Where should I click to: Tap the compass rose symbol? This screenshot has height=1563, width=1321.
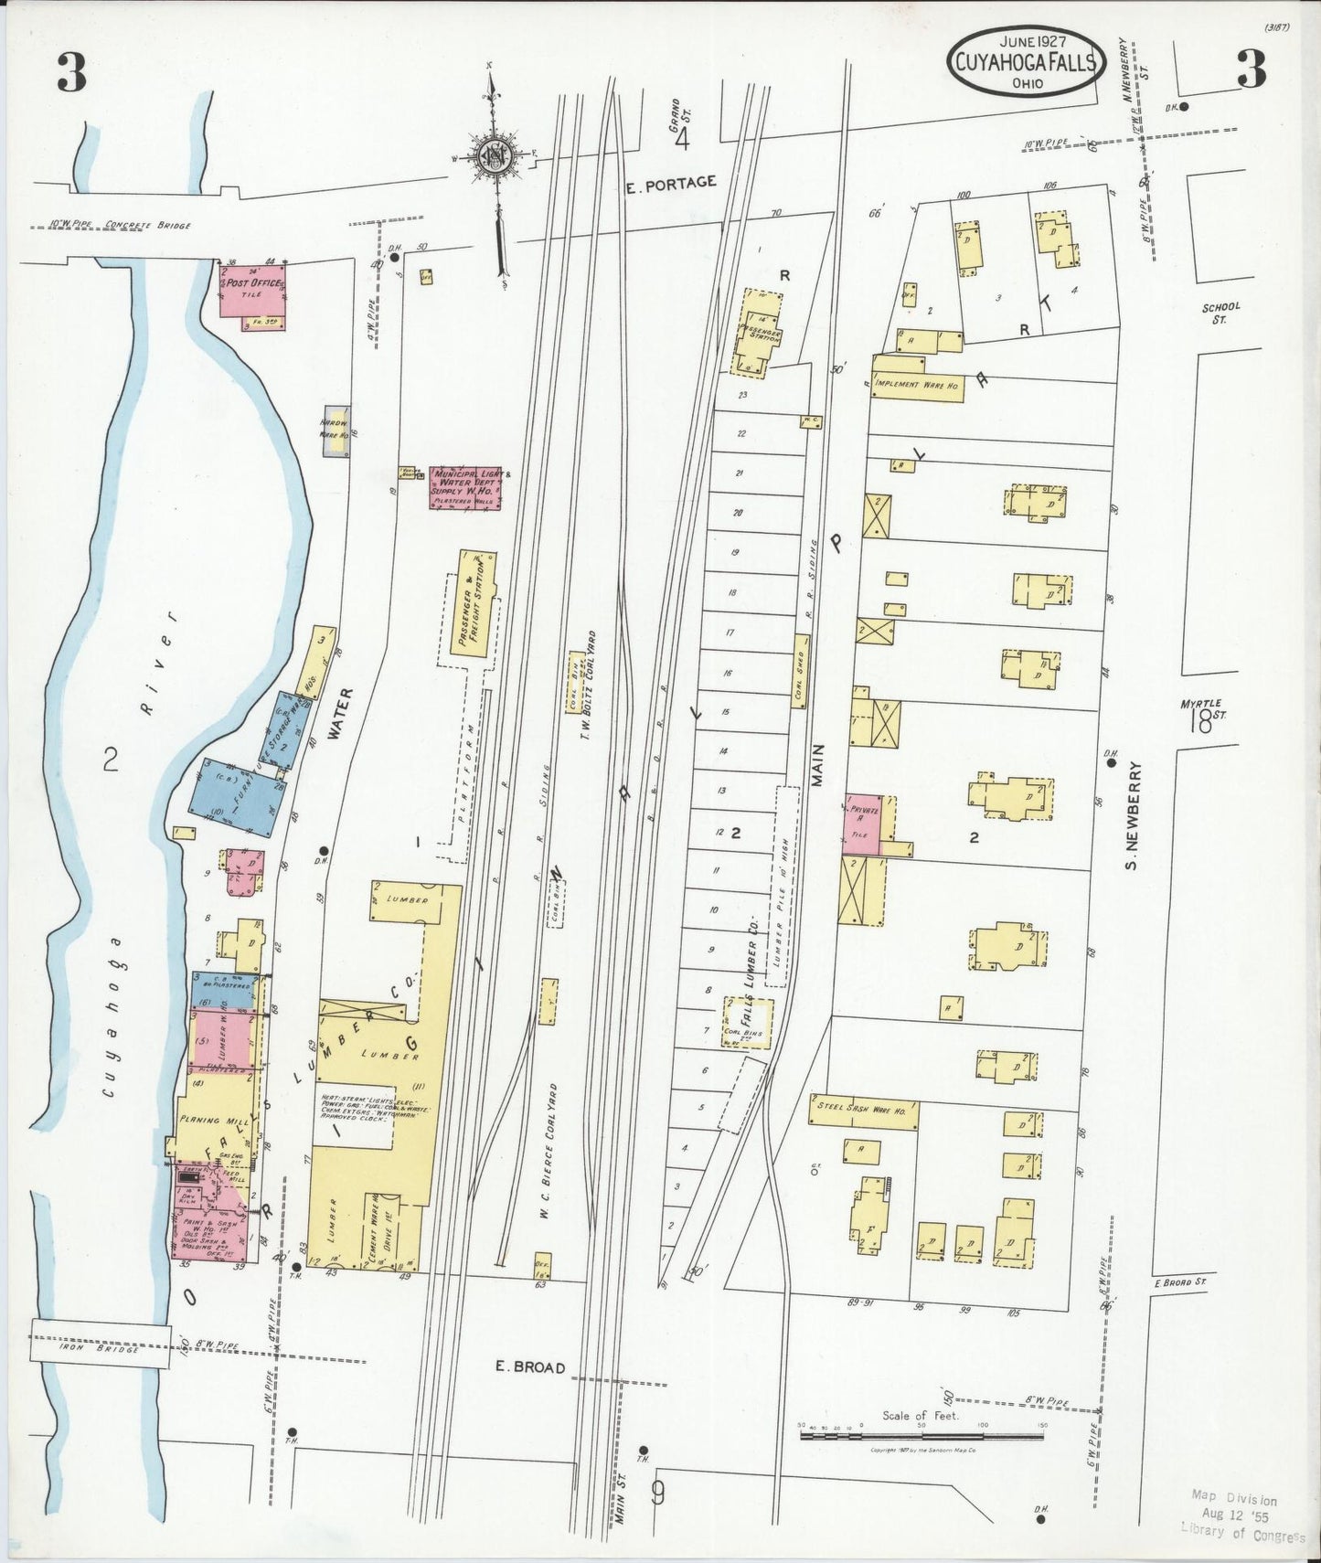tap(495, 155)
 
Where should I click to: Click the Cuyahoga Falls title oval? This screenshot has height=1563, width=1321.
tap(1025, 61)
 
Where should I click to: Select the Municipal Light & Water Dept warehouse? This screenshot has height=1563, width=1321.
tap(464, 487)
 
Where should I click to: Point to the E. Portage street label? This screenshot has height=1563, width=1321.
tap(670, 183)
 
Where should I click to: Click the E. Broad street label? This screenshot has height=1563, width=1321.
tap(529, 1367)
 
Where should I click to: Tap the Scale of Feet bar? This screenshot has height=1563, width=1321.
tap(921, 1436)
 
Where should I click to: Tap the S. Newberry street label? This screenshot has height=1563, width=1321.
tap(1131, 815)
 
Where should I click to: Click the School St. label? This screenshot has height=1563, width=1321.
tap(1220, 313)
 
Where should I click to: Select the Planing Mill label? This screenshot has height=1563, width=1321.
tap(203, 1121)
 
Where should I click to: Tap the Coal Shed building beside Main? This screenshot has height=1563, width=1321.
tap(801, 672)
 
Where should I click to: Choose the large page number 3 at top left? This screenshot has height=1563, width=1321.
tap(72, 73)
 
